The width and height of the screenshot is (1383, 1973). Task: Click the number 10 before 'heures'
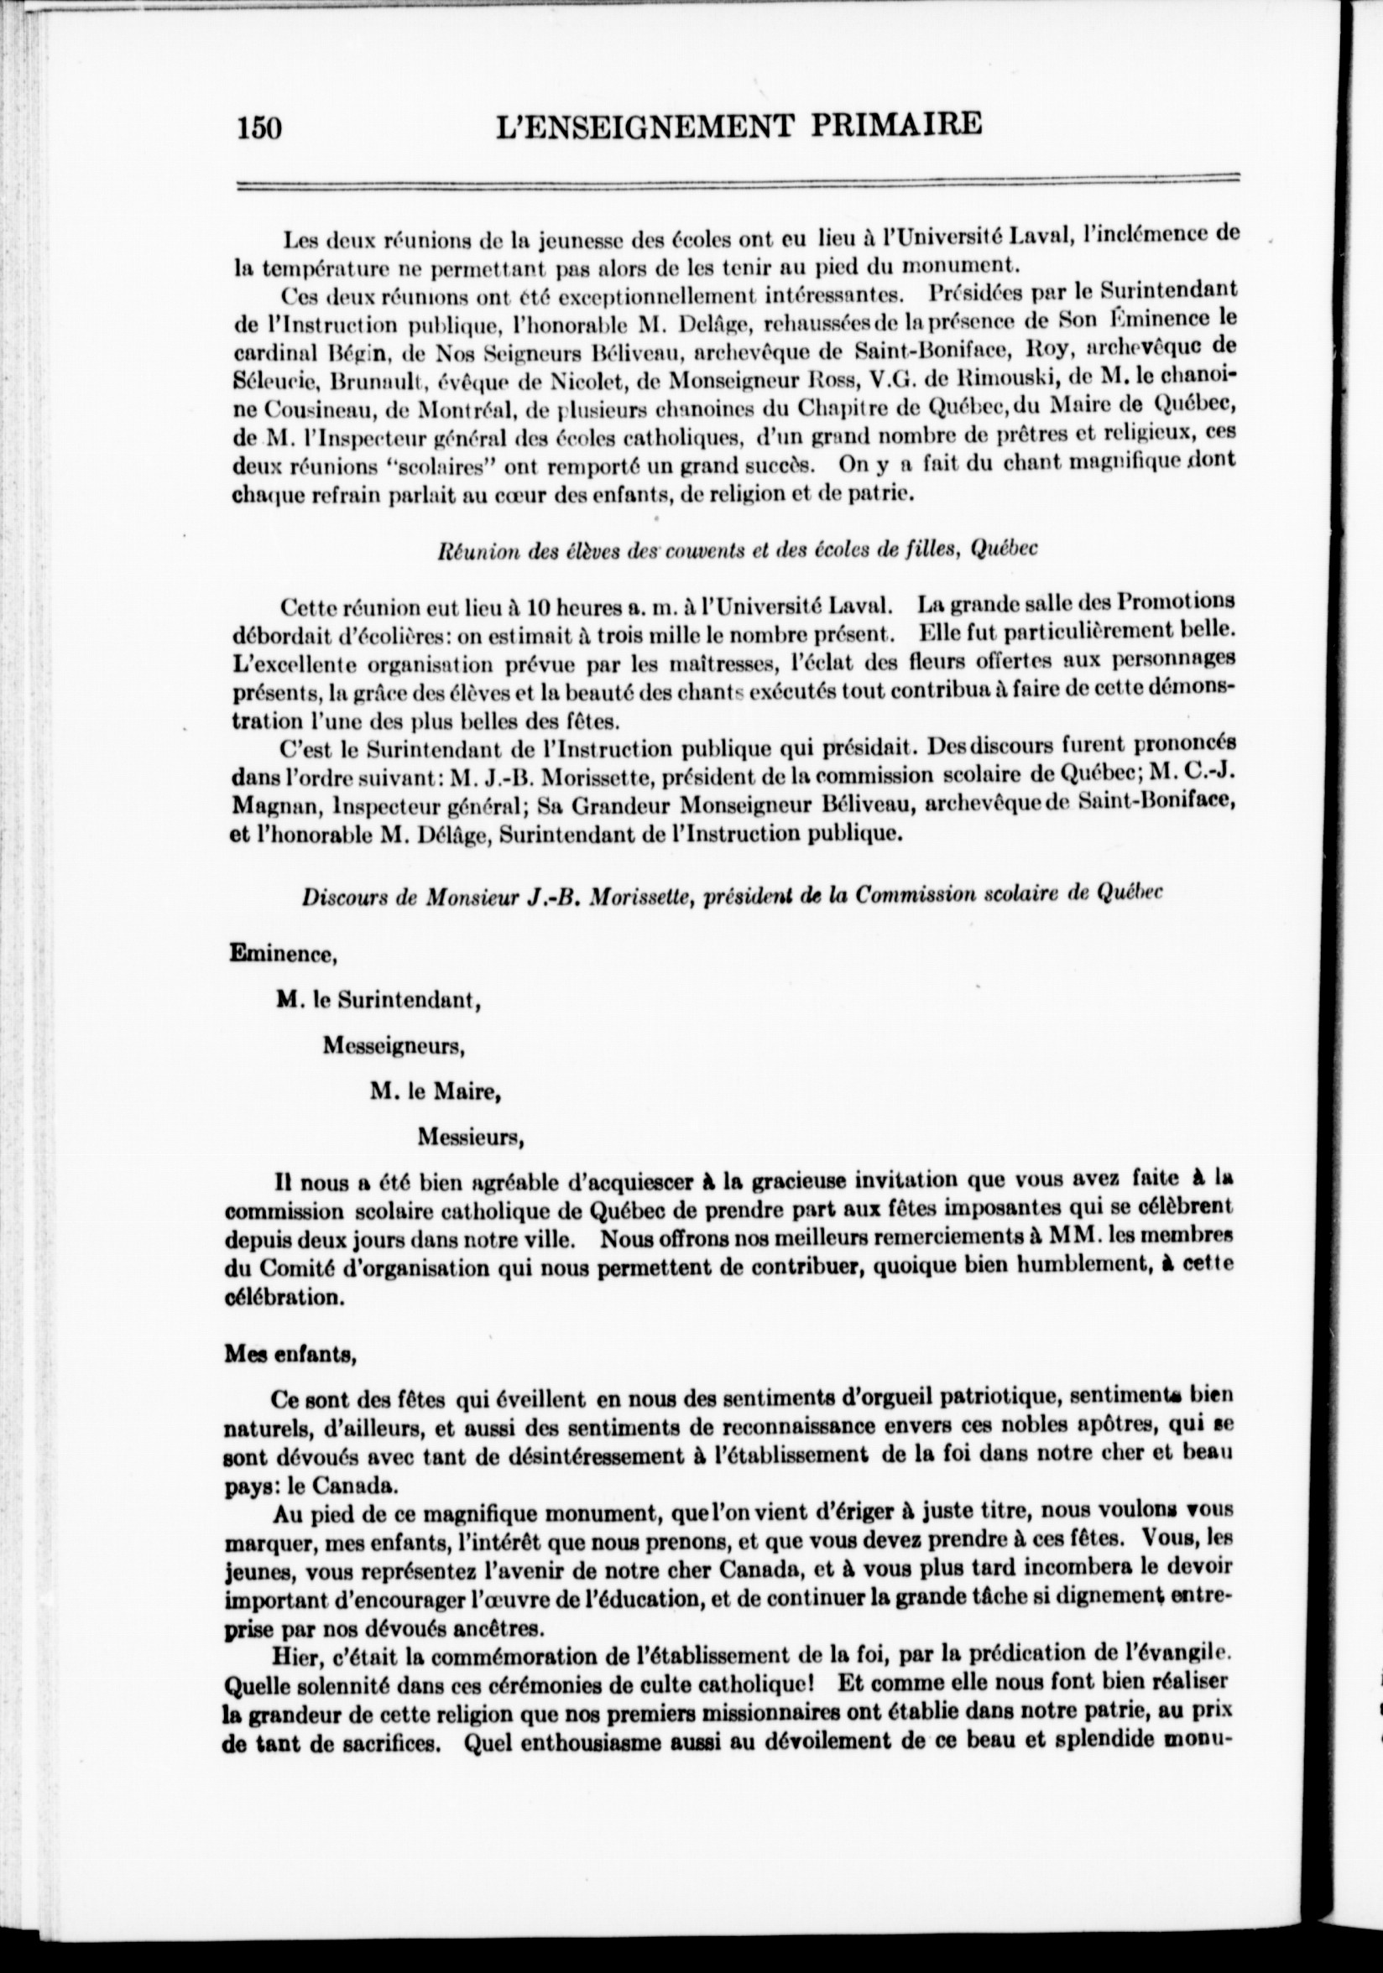tap(539, 606)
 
